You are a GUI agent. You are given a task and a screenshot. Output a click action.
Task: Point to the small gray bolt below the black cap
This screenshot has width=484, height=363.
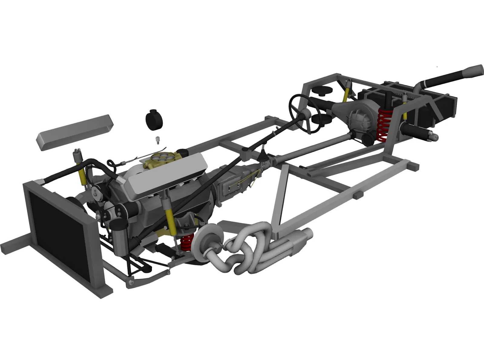[x=157, y=140]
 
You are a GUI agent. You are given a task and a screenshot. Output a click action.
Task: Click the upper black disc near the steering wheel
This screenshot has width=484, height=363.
[x=322, y=90]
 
